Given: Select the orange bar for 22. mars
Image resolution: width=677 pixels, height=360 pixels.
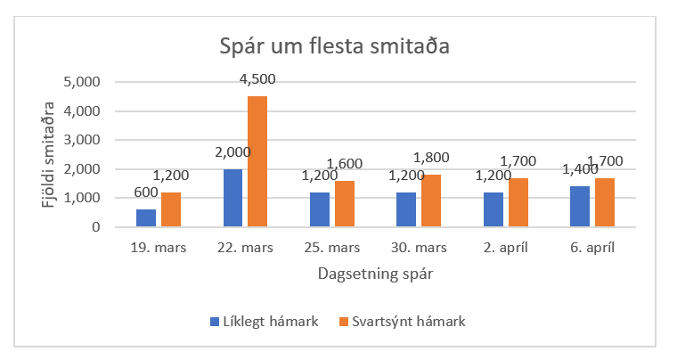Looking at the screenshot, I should point(257,161).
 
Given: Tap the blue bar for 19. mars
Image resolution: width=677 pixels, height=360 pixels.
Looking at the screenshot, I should point(145,217).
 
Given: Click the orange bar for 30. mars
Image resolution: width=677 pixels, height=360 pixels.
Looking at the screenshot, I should point(431,200).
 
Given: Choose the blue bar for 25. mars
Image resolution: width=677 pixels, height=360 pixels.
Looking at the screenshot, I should point(319,209).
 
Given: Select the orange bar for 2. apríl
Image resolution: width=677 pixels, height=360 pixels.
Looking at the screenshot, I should point(518,202).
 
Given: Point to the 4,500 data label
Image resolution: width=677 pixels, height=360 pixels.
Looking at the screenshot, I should point(257,79).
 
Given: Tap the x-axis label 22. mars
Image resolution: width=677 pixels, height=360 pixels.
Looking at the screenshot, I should point(244,248).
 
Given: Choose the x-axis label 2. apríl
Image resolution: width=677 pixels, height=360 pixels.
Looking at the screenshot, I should point(506,248).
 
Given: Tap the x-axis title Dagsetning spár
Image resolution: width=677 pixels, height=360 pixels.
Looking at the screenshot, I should point(374,274).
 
